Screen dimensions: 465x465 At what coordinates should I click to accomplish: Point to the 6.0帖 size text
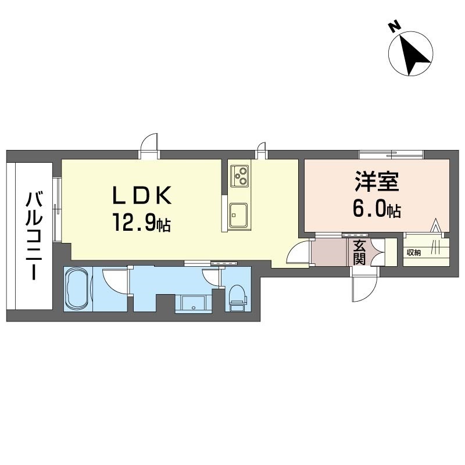click(x=377, y=209)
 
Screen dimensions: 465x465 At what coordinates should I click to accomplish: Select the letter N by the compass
click(x=394, y=26)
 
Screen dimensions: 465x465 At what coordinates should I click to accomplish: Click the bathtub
click(x=77, y=289)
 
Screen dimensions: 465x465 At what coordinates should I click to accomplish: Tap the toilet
click(x=237, y=296)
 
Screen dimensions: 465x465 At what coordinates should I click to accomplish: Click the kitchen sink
click(x=238, y=215)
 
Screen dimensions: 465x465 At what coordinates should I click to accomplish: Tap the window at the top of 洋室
click(x=391, y=154)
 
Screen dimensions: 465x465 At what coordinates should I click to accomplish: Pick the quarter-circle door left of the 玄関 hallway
click(x=299, y=253)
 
